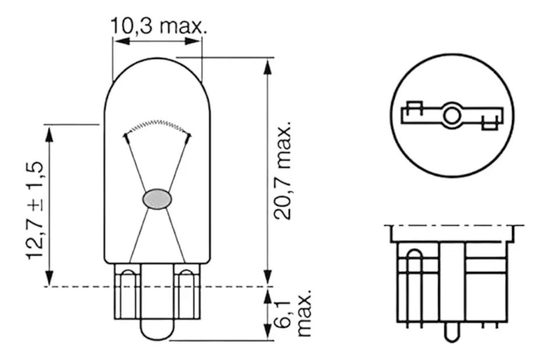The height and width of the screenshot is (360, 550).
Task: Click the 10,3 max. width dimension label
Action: (159, 25)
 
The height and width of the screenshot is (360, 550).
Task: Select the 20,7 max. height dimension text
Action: (283, 171)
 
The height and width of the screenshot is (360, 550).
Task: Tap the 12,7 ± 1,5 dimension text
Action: (35, 211)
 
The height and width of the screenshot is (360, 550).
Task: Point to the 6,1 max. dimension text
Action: (294, 313)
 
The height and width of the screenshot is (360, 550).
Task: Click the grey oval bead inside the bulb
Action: (157, 199)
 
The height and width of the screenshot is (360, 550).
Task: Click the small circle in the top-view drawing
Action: (452, 115)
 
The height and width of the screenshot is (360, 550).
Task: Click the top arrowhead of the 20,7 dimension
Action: (268, 67)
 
